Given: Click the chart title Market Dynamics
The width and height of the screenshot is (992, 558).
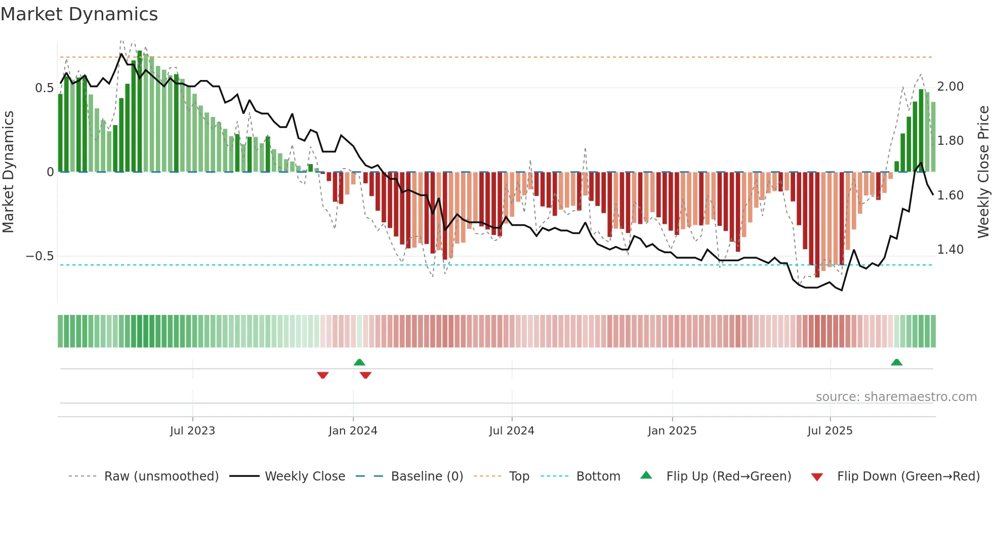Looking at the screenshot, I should coord(79,14).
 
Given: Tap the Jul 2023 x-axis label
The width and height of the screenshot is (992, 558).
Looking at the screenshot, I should coord(192,431).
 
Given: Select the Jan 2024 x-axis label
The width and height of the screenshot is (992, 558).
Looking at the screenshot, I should coord(353,431).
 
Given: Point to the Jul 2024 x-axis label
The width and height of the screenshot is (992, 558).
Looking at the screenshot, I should coord(512,431).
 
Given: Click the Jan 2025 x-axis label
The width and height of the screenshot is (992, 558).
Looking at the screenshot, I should coord(672,431).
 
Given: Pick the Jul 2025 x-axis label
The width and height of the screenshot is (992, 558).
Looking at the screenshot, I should coord(830,431).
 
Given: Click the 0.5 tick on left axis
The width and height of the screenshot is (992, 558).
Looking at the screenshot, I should coord(44,88).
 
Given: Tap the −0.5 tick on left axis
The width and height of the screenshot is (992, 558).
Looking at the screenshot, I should coord(39,256).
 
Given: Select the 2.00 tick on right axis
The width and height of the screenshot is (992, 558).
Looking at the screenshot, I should coord(950,87).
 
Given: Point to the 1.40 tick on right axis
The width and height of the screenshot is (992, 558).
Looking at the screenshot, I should coord(950,250).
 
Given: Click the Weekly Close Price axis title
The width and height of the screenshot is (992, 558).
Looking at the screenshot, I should coord(983,172).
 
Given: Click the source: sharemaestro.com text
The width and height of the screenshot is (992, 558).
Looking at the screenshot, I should coord(896,397).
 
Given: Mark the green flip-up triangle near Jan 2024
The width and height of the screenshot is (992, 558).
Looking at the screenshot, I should coord(359,362).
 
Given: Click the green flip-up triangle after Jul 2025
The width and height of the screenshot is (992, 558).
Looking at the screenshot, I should coord(896,362).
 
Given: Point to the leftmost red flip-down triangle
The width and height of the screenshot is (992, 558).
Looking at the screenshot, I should coord(323,375).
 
